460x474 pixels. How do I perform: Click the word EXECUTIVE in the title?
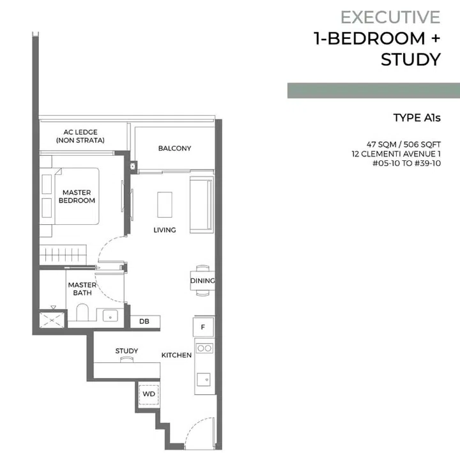(x=390, y=17)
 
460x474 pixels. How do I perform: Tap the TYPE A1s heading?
(x=417, y=118)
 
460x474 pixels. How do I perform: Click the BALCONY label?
(x=174, y=148)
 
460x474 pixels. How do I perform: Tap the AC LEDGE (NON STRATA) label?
(x=80, y=136)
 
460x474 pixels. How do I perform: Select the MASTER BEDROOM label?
(x=77, y=196)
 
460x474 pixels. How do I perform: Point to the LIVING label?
(x=164, y=230)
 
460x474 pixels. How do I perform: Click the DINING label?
(x=202, y=280)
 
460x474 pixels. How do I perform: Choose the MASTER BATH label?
(x=82, y=289)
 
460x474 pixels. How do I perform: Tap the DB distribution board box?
(x=145, y=321)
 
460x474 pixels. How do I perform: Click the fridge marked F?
(x=203, y=327)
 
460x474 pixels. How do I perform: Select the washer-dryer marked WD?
(x=148, y=394)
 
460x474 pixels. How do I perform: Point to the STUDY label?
(x=126, y=351)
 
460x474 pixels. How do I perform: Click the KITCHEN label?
(x=176, y=355)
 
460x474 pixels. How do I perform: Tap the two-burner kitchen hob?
(x=204, y=348)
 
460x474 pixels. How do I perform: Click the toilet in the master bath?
(x=82, y=312)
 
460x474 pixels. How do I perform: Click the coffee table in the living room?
(x=165, y=205)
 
